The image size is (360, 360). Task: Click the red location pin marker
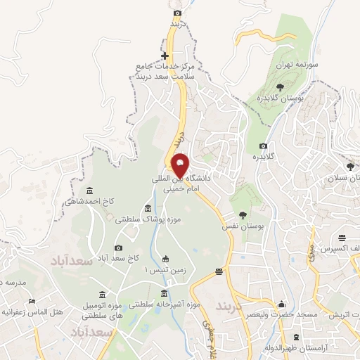click(181, 165)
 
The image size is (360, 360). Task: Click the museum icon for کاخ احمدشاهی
click(89, 191)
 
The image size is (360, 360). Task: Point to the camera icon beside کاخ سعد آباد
click(118, 247)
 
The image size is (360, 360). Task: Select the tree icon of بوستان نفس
click(243, 216)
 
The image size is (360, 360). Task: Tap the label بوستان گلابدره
click(282, 98)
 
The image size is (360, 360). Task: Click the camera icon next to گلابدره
click(263, 146)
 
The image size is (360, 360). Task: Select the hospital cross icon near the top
click(165, 56)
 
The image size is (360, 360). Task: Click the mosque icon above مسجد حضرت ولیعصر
click(282, 304)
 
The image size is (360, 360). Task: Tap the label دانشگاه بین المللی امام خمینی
click(181, 184)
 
